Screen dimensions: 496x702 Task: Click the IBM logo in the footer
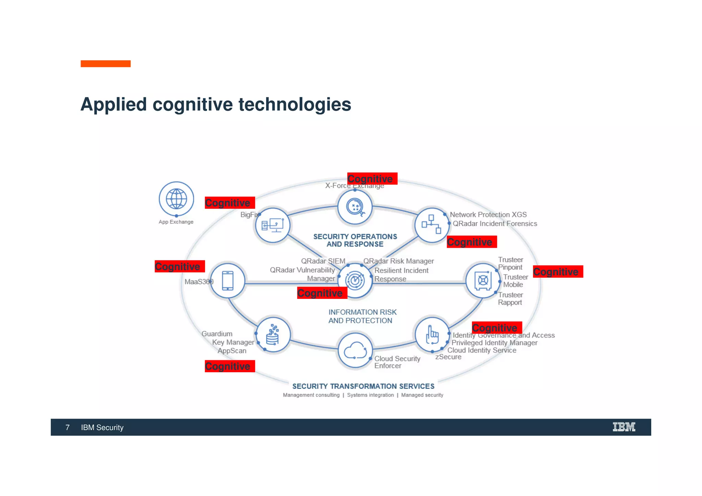[x=624, y=427]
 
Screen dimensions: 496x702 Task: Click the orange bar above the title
[x=106, y=64]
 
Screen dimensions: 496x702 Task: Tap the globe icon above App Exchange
[x=176, y=199]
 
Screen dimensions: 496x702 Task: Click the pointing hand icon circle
[x=432, y=334]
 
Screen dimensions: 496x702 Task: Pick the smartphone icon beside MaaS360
[x=228, y=281]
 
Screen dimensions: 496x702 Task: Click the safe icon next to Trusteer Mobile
[x=483, y=281]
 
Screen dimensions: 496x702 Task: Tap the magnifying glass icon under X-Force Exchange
[x=355, y=207]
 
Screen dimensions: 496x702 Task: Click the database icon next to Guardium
[x=273, y=335]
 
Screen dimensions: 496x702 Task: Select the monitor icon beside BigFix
[x=273, y=225]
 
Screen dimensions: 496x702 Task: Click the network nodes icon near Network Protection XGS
[x=431, y=225]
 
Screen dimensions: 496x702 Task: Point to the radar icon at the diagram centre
[x=355, y=280]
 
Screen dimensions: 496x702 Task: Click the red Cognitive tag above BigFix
[x=230, y=203]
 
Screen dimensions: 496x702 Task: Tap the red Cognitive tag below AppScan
[x=230, y=366]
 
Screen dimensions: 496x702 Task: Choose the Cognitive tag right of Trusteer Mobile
[x=558, y=271]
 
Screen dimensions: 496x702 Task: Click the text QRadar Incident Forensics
[x=495, y=223]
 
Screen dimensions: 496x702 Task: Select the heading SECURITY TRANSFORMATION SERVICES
[x=363, y=386]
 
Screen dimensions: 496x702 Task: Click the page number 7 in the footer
[x=68, y=427]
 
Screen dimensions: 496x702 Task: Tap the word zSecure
[x=448, y=357]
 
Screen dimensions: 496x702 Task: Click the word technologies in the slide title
[x=295, y=104]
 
